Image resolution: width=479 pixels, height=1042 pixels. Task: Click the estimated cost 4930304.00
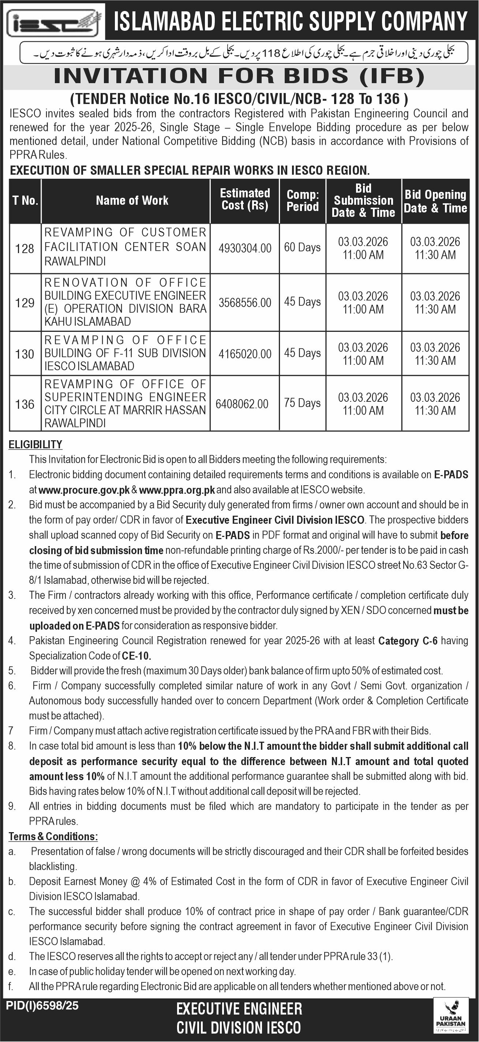[245, 248]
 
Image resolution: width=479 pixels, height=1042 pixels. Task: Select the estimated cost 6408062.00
[242, 404]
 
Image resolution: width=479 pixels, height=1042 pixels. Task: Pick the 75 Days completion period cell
[302, 403]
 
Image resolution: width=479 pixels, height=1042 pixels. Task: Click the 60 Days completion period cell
[302, 247]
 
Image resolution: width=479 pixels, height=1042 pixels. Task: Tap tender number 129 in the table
[25, 303]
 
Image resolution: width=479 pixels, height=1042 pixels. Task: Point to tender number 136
[25, 404]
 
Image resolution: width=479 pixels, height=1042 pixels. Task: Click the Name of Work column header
[132, 201]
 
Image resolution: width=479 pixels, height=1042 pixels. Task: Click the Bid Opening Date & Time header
[435, 201]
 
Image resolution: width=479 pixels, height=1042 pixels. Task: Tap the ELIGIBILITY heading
[35, 445]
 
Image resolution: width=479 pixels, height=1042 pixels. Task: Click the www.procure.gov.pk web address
[84, 490]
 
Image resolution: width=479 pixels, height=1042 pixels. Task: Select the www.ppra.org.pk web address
[177, 490]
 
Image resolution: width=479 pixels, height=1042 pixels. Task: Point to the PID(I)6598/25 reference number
[42, 1006]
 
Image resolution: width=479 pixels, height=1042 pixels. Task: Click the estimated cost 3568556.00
[245, 303]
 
